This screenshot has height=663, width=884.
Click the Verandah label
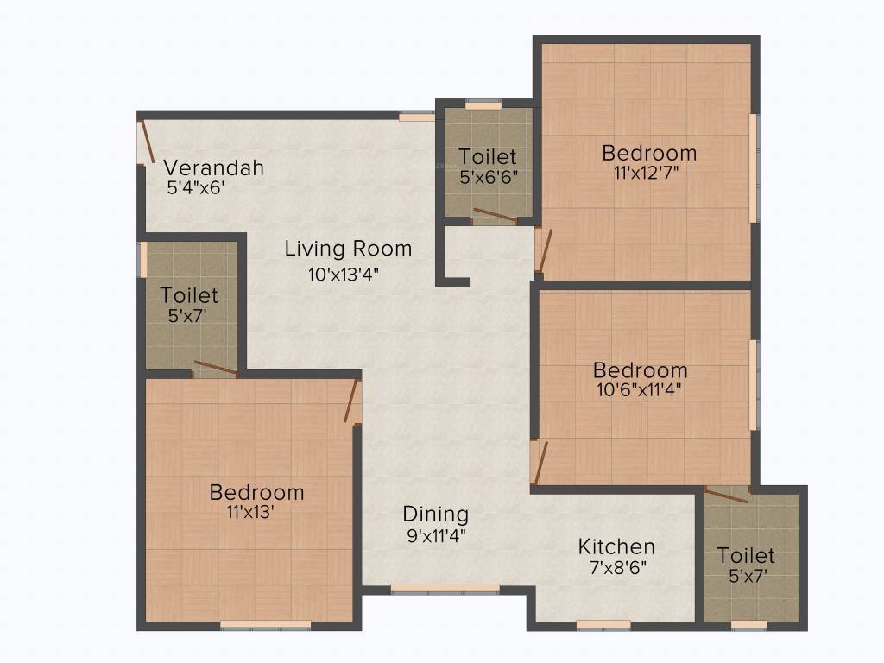tap(214, 167)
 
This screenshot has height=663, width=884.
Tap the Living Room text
tap(348, 249)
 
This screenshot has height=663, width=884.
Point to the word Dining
tap(436, 515)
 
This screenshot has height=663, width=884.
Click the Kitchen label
tap(616, 546)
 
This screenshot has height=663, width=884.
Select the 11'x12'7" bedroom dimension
tap(649, 172)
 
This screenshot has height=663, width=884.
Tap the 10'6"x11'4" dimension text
tap(640, 388)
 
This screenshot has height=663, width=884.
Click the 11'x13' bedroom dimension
tap(256, 511)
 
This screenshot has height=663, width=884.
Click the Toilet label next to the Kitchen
tap(746, 555)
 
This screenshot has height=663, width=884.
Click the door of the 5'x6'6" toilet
tap(496, 216)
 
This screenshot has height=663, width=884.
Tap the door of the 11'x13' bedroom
tap(351, 401)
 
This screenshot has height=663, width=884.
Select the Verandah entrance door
tap(148, 142)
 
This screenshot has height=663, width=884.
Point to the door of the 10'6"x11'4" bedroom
tap(539, 463)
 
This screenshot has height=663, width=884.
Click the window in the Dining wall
tap(445, 589)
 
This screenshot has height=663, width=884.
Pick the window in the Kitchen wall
tap(603, 624)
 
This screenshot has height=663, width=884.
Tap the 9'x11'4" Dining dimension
tap(436, 535)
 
